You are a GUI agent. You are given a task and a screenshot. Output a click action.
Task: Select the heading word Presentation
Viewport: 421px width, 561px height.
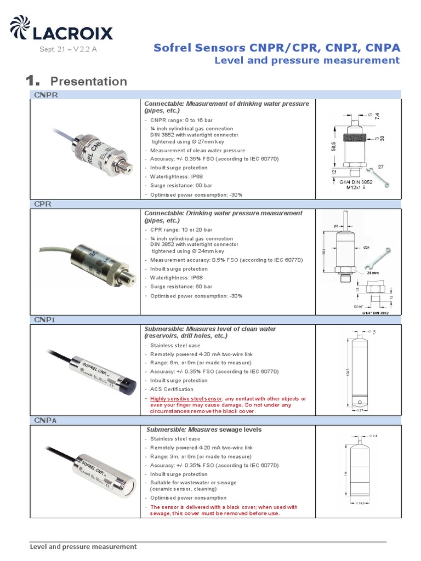(88, 82)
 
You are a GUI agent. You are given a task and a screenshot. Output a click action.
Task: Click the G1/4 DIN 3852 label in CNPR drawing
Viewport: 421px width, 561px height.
(356, 182)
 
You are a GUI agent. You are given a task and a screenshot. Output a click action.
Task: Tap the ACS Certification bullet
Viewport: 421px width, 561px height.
(172, 389)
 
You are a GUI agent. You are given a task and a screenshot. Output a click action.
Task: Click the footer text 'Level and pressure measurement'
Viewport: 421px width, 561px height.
(83, 547)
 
